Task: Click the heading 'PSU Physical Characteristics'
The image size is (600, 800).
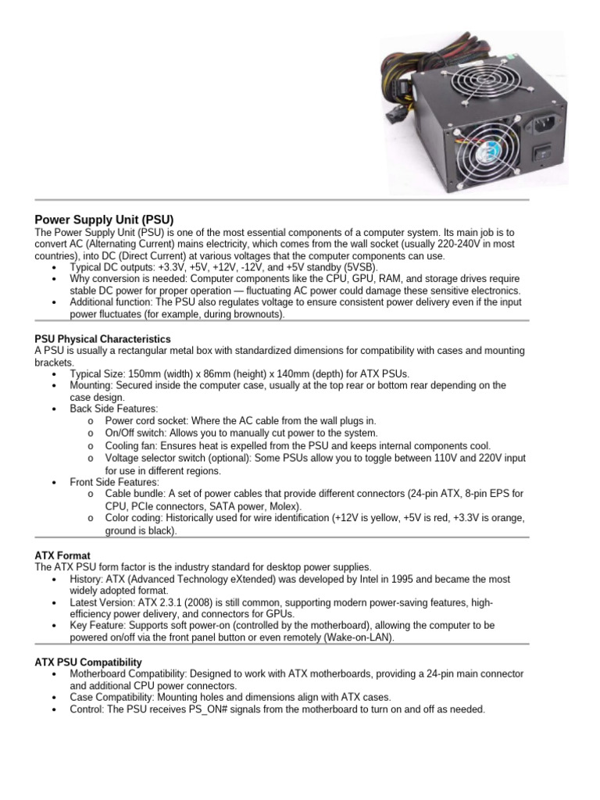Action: (x=102, y=339)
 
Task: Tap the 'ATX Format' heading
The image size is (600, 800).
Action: (x=62, y=555)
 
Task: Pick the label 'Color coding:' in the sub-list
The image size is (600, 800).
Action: (x=132, y=518)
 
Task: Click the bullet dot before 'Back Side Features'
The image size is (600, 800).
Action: (x=53, y=409)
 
